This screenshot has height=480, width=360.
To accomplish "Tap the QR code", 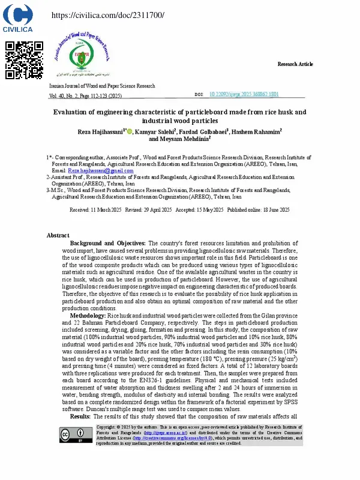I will (23, 60).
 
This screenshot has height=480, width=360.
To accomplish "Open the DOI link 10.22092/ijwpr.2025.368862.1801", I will (244, 95).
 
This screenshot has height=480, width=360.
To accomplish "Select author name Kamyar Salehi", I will (155, 131).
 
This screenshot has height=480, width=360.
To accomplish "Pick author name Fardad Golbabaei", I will (204, 131).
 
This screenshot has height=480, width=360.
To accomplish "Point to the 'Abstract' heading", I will (58, 235).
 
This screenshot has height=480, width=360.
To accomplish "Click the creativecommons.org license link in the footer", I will (144, 422).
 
